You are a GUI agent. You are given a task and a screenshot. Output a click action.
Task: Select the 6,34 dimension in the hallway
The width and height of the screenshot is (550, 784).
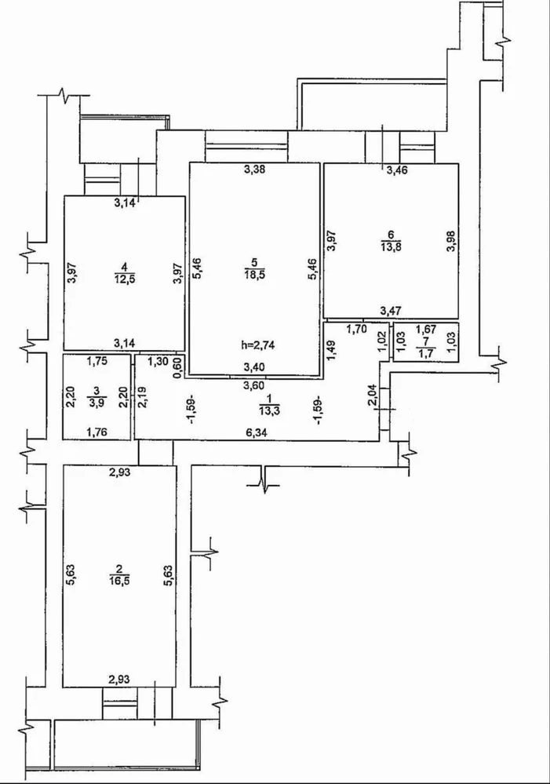click(x=256, y=433)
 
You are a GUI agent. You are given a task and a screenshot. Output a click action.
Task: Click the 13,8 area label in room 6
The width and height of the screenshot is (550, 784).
click(x=391, y=246)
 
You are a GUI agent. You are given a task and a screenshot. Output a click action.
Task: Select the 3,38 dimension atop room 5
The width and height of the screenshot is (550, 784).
click(x=254, y=169)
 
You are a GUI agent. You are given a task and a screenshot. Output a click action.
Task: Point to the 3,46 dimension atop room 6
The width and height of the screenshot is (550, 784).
click(x=397, y=170)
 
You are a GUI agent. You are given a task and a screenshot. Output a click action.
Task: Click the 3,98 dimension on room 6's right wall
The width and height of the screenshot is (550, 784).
click(x=451, y=240)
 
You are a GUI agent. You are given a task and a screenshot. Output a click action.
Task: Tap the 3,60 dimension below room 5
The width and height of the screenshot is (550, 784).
click(x=254, y=385)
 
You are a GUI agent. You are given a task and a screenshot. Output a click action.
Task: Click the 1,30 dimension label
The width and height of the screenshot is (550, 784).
click(x=158, y=361)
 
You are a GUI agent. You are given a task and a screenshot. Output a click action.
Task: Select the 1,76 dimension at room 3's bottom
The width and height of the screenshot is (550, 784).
click(x=97, y=432)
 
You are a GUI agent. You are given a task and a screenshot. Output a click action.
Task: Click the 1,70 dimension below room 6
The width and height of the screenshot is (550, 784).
click(x=357, y=329)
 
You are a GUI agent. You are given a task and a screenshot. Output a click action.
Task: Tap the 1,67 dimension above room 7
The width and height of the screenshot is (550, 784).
click(x=426, y=329)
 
